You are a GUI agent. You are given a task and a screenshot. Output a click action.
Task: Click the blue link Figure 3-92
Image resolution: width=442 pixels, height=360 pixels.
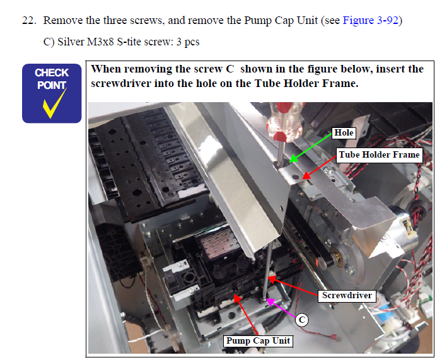[x=370, y=21]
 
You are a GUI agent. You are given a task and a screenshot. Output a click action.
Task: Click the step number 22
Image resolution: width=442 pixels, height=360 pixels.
[x=29, y=21]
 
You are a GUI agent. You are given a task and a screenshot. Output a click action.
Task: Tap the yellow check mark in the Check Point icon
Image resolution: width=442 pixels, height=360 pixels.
[x=54, y=103]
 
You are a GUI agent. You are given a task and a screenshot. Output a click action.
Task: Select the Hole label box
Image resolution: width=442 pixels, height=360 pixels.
[x=344, y=133]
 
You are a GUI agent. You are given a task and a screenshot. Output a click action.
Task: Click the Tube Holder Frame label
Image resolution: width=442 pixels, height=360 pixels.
[x=379, y=154]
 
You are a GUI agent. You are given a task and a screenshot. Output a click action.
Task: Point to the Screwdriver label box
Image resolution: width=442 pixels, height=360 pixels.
[x=347, y=296]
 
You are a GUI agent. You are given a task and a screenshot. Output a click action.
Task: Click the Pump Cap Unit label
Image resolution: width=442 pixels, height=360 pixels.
[x=259, y=341]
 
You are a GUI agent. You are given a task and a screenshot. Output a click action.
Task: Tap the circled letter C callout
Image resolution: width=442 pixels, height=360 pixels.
[x=302, y=320]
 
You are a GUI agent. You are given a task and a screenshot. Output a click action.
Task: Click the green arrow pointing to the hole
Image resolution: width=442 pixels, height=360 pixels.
[x=311, y=148]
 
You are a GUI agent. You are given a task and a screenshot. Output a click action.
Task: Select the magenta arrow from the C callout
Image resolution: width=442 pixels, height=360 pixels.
[x=281, y=308]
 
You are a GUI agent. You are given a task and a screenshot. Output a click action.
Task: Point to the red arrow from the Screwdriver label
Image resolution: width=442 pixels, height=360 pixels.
[x=293, y=286]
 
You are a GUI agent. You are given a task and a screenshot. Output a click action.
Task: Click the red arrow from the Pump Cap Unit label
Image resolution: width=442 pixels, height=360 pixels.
[x=246, y=315]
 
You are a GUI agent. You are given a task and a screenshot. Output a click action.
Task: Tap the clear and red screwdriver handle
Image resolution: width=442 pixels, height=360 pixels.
[x=285, y=121]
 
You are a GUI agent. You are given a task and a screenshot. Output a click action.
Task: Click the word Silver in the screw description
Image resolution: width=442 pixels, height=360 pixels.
[x=71, y=42]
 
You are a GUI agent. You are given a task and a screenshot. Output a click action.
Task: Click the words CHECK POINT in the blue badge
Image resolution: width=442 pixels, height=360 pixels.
[x=52, y=79]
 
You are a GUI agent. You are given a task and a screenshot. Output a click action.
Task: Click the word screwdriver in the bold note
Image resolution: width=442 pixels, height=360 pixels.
[x=120, y=84]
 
